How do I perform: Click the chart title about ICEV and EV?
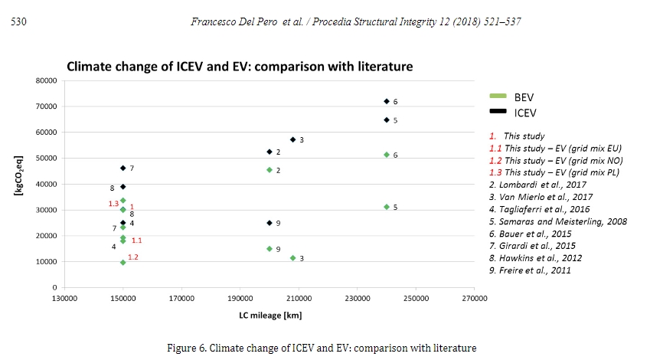click(240, 67)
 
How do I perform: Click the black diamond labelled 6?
click(387, 101)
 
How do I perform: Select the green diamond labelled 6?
click(387, 155)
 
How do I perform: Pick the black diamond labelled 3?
click(292, 139)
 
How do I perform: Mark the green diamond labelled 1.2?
click(122, 262)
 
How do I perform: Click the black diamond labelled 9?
click(269, 223)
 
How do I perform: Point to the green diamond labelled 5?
click(387, 207)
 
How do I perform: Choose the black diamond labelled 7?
click(122, 168)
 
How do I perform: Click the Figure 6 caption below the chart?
click(322, 349)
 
